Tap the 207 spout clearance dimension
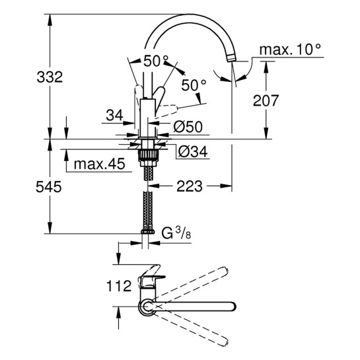[266, 101]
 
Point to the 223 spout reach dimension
[190, 187]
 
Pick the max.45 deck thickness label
[100, 164]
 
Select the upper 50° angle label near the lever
[156, 61]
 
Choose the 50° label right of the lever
[194, 85]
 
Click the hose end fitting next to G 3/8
[147, 233]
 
